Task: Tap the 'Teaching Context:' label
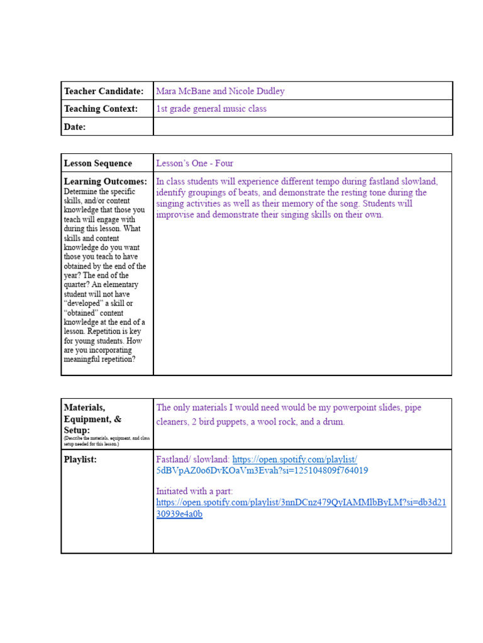coord(101,109)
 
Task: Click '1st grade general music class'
coord(211,109)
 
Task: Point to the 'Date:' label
coord(75,127)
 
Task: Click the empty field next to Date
coord(302,127)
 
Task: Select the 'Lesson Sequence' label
coord(98,163)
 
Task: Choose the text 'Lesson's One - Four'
coord(195,163)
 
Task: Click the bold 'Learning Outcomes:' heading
coord(105,181)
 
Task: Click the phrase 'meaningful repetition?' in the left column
coord(99,360)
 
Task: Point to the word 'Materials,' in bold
coord(85,408)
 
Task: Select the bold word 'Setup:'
coord(77,430)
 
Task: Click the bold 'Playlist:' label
coord(80,460)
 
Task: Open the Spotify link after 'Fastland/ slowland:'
coord(294,460)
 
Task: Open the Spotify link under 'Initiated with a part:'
coord(301,503)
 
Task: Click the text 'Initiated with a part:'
coord(194,491)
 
